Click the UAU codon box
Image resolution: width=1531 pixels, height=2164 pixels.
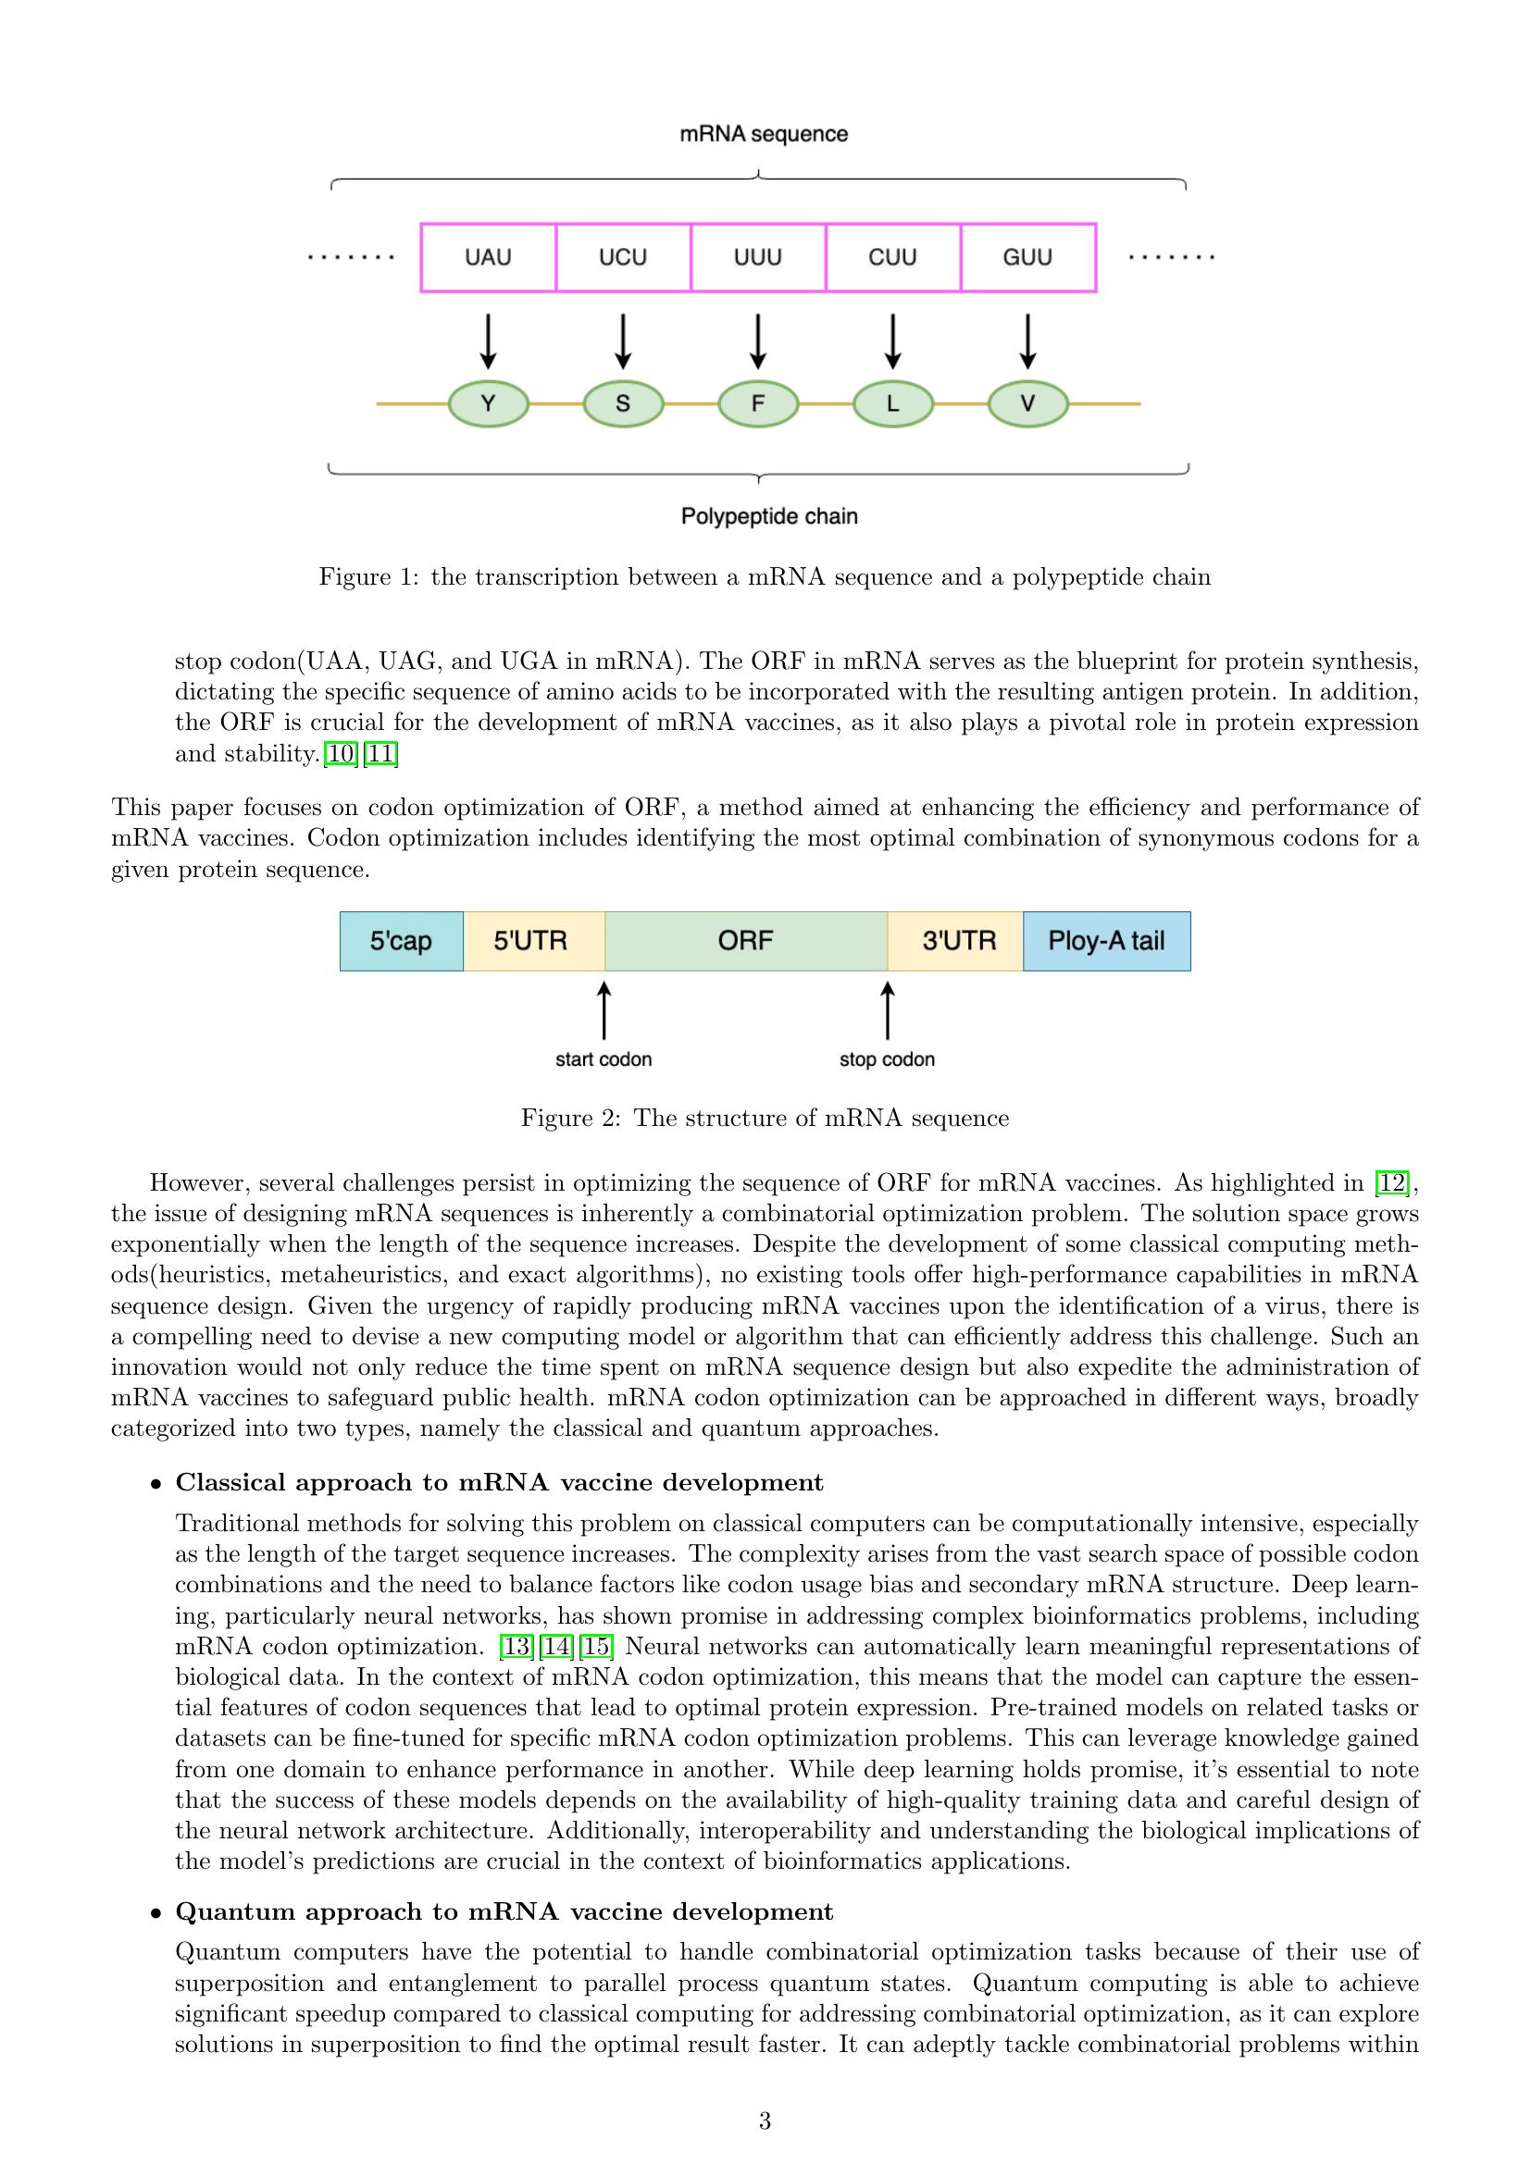point(489,257)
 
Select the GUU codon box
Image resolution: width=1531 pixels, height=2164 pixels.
point(1027,257)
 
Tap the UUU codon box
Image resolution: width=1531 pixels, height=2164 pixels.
point(758,257)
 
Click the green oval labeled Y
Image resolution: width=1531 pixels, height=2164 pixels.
point(489,404)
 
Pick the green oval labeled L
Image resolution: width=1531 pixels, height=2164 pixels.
point(892,404)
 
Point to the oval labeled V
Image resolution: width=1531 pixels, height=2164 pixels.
point(1027,404)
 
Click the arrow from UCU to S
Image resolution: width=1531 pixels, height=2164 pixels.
point(623,341)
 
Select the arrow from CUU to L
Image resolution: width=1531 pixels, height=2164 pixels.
point(892,341)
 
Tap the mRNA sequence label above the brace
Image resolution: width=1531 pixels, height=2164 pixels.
point(764,134)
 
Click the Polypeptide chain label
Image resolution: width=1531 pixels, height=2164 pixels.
point(769,516)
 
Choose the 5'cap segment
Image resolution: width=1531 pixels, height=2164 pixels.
point(401,941)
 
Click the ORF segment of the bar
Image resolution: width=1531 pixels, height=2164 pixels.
point(745,941)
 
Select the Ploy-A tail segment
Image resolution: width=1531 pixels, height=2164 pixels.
point(1106,941)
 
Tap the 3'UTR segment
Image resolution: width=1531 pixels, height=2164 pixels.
point(958,941)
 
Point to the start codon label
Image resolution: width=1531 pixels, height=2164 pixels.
point(604,1059)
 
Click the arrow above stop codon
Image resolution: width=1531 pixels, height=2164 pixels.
point(887,1010)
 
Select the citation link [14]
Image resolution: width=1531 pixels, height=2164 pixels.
point(556,1647)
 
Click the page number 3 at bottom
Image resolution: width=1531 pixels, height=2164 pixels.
point(765,2121)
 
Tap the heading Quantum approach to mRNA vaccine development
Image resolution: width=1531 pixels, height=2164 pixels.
point(504,1911)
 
